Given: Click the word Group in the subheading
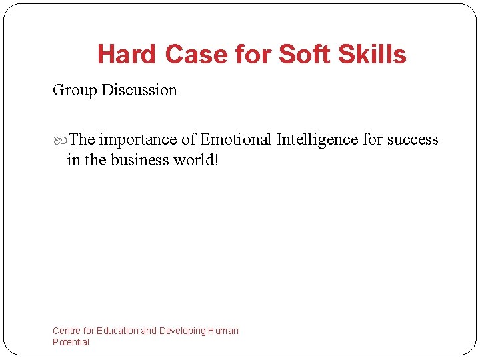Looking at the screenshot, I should (75, 91).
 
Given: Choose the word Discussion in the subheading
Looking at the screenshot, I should (139, 90).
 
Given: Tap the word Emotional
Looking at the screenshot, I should (237, 139).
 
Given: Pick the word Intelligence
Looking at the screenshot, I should (318, 140).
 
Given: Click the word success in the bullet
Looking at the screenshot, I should (413, 140).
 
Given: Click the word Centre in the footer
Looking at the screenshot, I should (67, 331).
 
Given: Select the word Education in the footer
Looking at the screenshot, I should (118, 331).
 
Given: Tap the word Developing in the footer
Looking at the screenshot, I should (182, 331).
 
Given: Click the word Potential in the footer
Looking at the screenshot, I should (71, 342).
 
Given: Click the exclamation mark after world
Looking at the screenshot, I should (216, 159).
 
